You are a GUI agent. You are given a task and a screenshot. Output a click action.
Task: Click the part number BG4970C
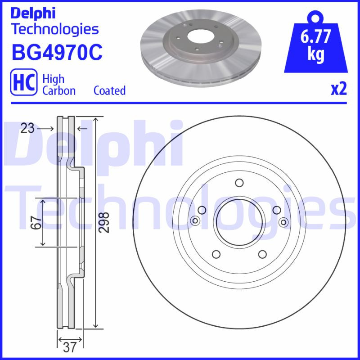(57, 52)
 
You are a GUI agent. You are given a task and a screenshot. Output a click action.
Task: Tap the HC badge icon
(23, 84)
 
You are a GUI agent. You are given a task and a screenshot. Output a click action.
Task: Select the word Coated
(109, 90)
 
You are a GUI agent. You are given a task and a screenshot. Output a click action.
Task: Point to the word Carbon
(59, 90)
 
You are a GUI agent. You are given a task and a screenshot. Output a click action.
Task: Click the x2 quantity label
(339, 89)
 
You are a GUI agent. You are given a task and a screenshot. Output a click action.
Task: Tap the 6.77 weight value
(316, 37)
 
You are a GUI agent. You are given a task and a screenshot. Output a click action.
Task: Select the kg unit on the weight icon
(316, 54)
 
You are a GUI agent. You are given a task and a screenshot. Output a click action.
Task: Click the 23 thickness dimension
(27, 129)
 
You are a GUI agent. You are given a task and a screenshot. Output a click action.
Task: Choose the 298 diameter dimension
(104, 222)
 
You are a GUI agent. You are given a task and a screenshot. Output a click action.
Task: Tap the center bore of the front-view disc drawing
(239, 220)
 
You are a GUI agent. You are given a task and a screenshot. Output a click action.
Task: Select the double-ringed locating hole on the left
(195, 220)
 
